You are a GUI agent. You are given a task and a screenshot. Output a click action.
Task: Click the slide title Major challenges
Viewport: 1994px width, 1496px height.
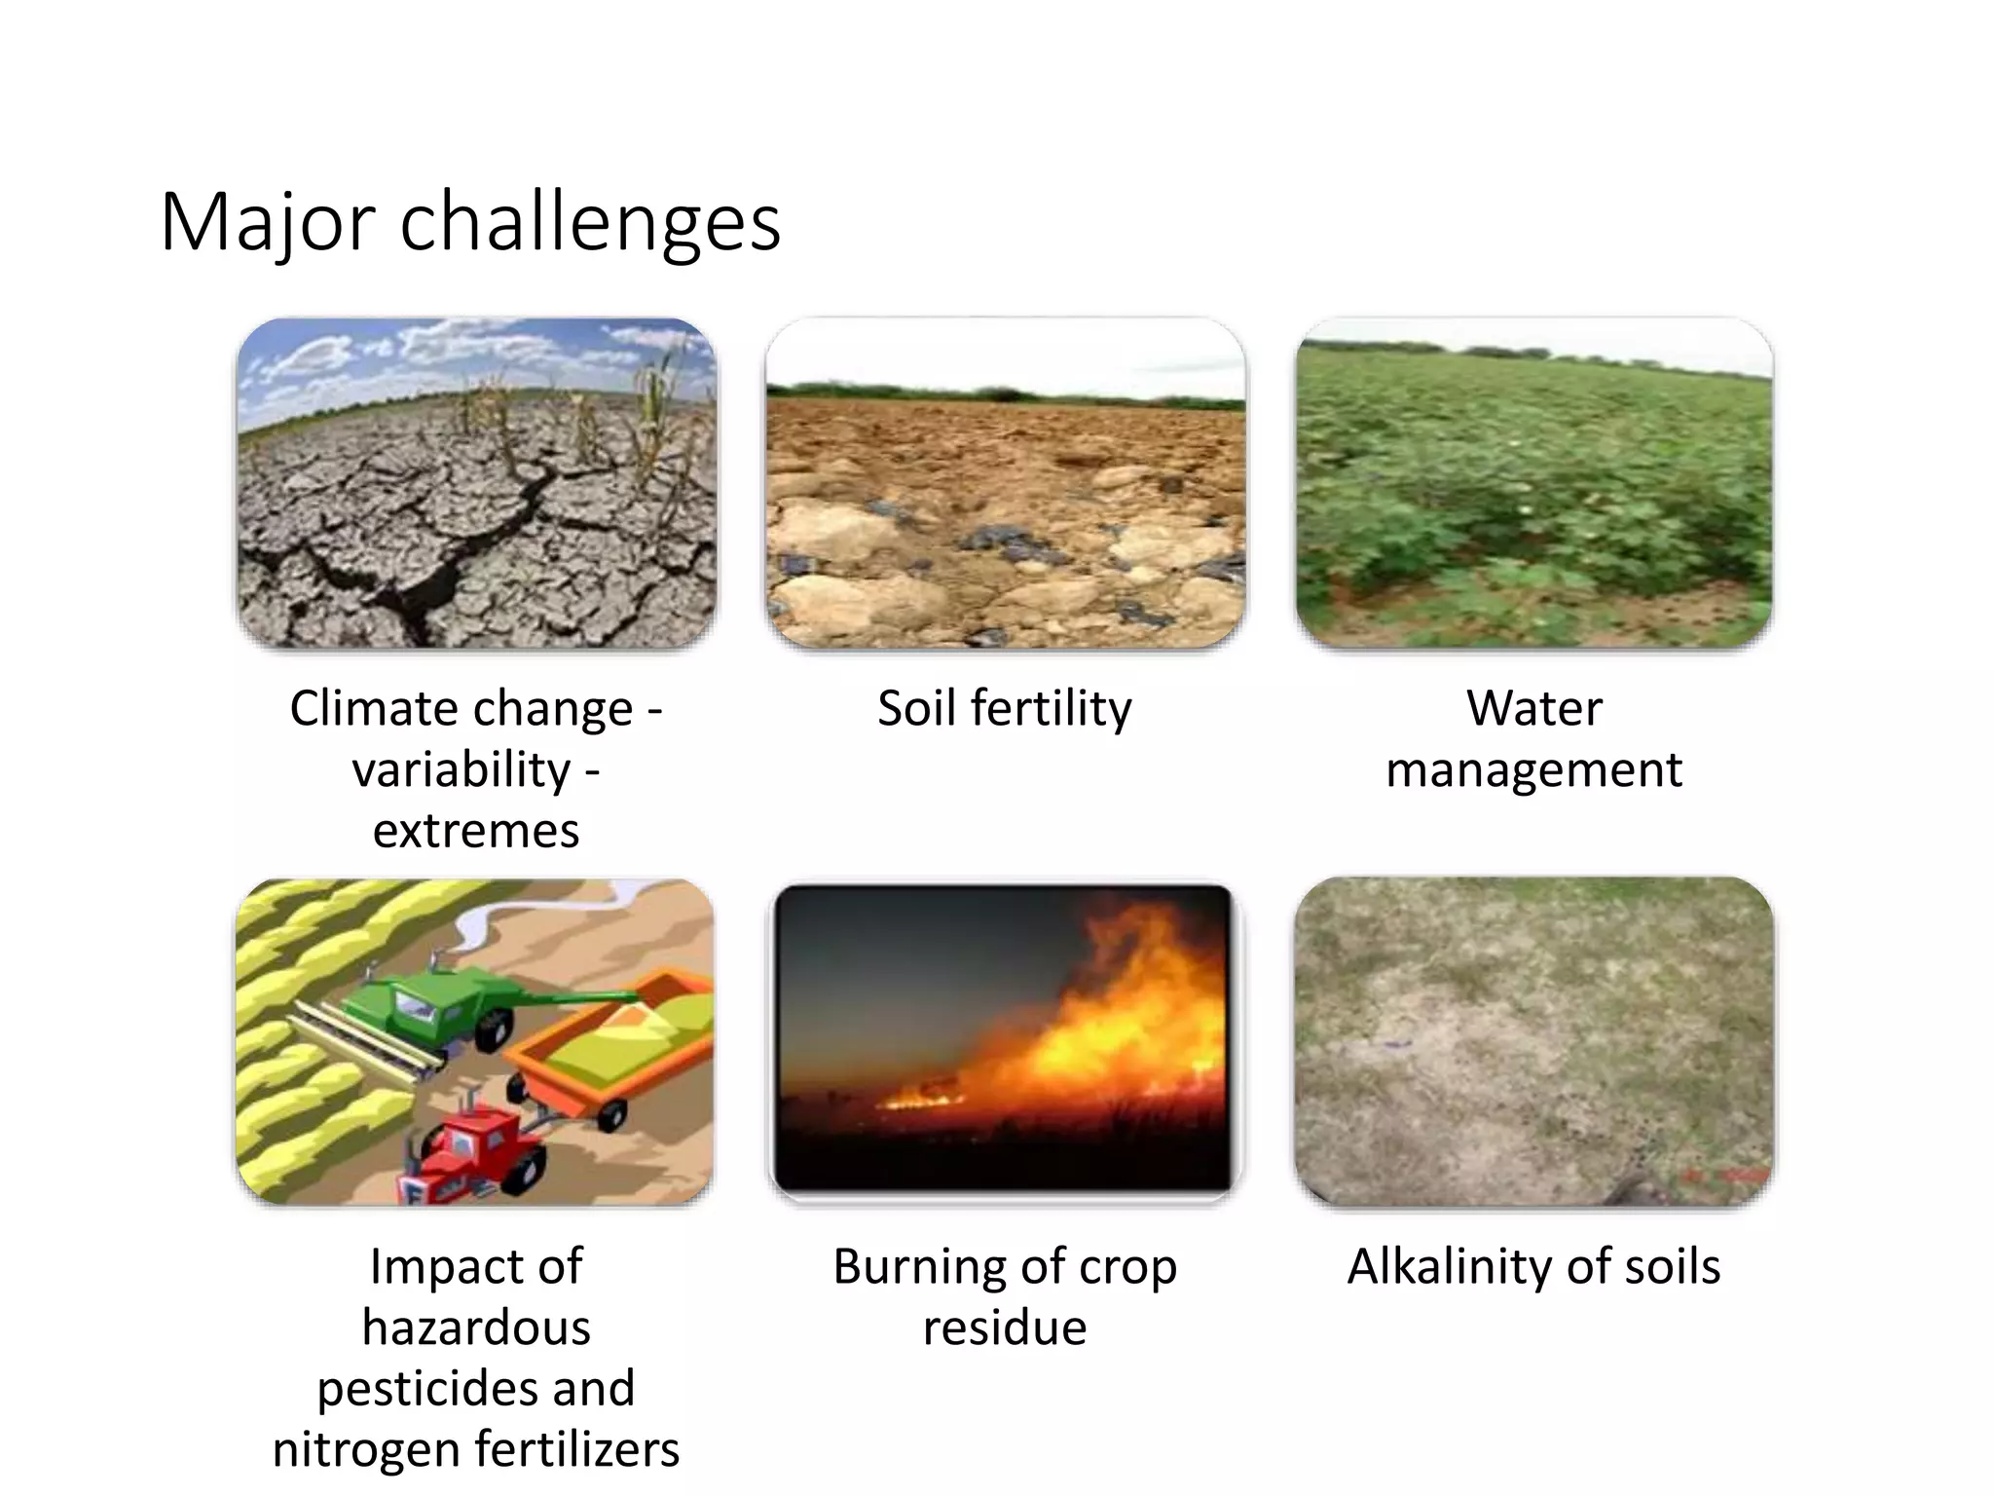point(470,223)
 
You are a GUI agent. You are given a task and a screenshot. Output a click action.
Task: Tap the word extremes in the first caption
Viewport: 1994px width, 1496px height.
point(476,831)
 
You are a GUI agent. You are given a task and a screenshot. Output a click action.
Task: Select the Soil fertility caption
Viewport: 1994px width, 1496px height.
point(1004,708)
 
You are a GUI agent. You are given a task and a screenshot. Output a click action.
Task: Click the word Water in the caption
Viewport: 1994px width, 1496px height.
point(1533,708)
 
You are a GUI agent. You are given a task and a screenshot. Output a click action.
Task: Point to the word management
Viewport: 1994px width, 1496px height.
point(1533,769)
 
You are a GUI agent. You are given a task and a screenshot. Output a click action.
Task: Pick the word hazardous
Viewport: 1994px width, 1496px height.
point(476,1328)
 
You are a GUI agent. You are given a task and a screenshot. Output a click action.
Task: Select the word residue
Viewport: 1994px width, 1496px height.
point(1005,1328)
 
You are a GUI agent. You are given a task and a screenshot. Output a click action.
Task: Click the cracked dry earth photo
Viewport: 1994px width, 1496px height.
point(476,484)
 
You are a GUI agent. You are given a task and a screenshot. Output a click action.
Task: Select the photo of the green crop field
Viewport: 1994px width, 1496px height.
point(1533,484)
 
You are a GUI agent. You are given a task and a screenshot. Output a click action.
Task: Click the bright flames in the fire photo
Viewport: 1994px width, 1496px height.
point(1120,1023)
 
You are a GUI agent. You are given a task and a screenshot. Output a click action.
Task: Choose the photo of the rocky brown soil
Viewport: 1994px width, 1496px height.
point(1005,484)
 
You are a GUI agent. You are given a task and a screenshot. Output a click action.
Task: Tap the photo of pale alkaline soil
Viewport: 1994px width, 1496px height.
point(1533,1042)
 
